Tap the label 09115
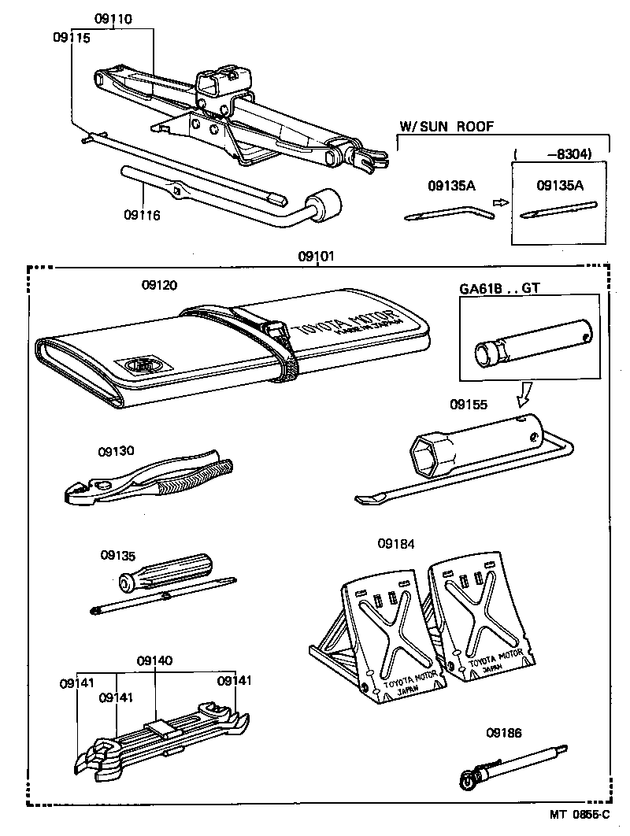pos(72,37)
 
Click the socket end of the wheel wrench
pos(325,204)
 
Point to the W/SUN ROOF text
pos(446,126)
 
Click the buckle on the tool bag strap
pos(275,331)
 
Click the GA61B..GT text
pos(500,288)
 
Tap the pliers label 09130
pos(117,451)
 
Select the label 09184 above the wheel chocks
pos(396,543)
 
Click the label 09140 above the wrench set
pos(154,660)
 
